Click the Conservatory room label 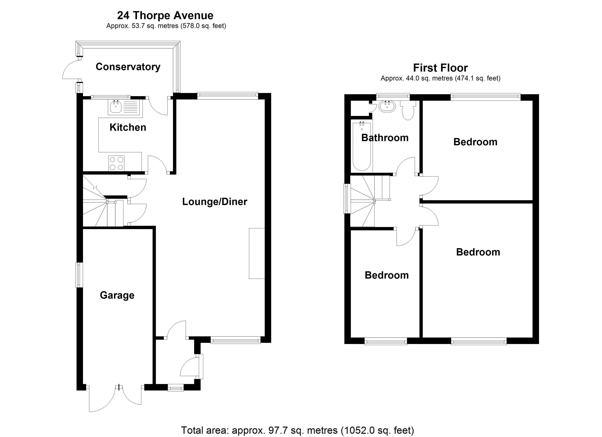click(128, 67)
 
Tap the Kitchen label click(128, 127)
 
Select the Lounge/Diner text click(215, 202)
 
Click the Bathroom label click(385, 138)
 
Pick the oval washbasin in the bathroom click(387, 107)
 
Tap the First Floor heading click(440, 68)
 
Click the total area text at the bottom click(297, 430)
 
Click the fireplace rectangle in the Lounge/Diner click(257, 253)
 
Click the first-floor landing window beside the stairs click(347, 198)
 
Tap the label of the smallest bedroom click(387, 275)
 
